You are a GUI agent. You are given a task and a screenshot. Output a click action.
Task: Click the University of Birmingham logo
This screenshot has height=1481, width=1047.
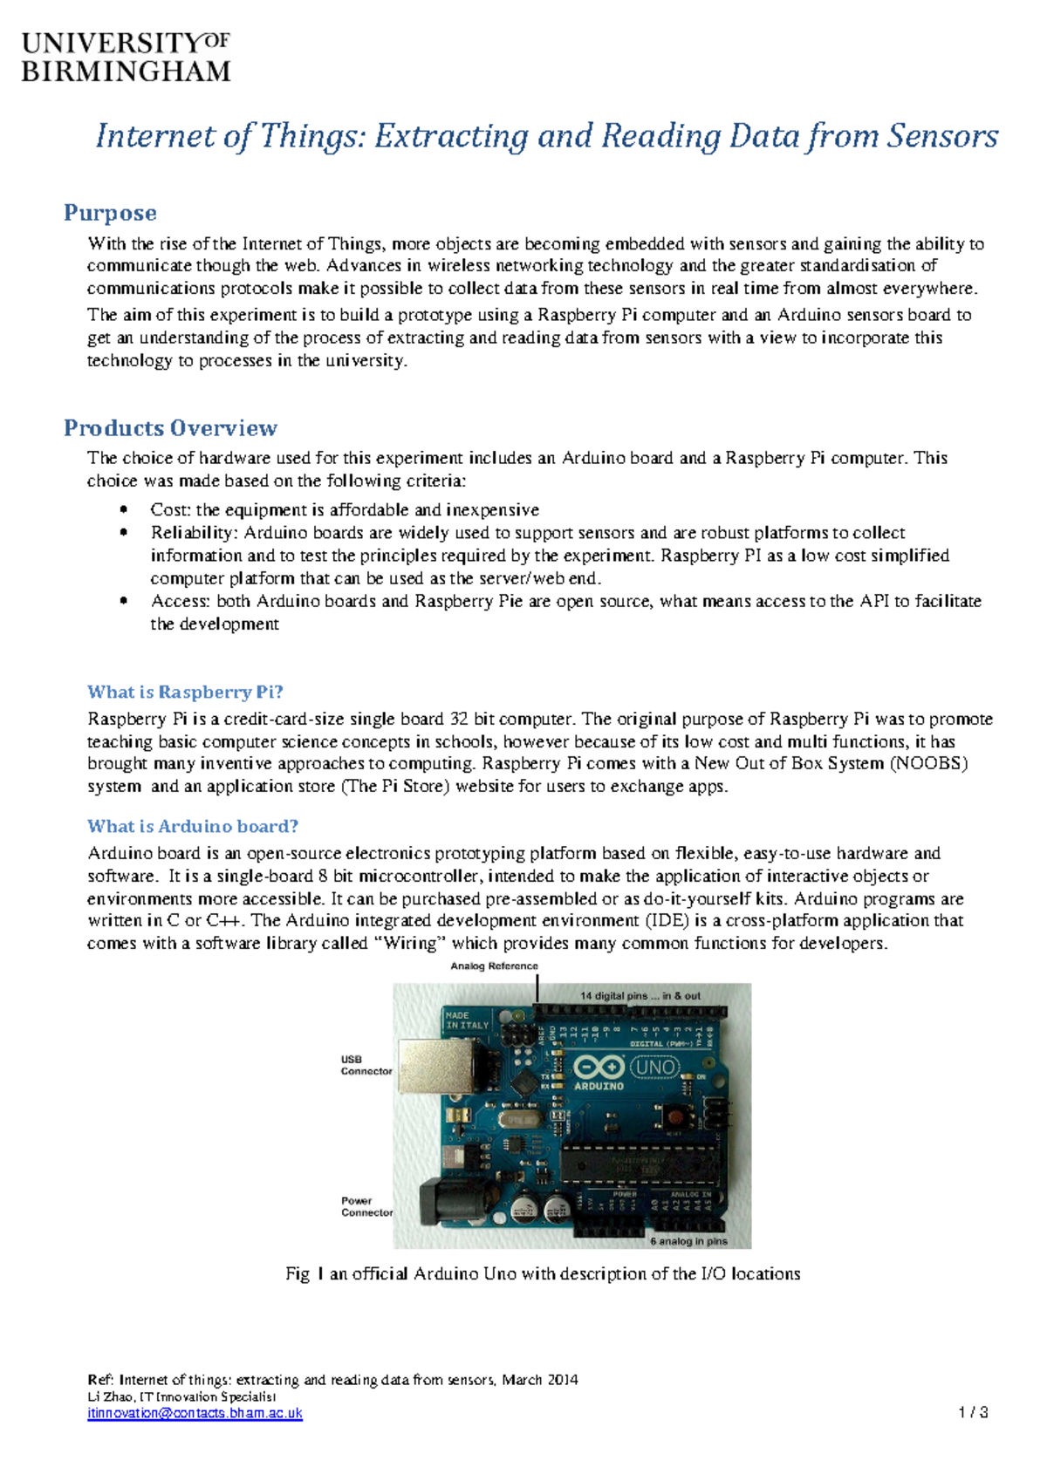126,58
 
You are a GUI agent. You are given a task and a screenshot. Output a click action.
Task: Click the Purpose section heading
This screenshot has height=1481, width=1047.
110,213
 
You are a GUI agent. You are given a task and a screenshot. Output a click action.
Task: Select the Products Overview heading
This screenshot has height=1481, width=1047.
170,428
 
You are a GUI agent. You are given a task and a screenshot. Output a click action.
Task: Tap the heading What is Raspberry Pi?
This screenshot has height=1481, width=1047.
185,692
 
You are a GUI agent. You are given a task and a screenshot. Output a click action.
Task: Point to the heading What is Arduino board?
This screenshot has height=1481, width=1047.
193,826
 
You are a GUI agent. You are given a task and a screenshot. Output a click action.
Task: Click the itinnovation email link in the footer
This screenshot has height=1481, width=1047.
195,1413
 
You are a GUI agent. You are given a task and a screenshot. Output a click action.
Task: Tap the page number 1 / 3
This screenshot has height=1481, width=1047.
973,1412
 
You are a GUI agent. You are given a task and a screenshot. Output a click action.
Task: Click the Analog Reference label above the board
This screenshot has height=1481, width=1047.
494,966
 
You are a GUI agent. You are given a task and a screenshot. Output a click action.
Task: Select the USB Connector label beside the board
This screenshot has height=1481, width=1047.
366,1065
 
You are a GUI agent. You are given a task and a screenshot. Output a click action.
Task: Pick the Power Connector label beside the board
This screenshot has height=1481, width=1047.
366,1206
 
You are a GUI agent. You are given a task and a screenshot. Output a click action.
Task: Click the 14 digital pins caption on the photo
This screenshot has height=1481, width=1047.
640,995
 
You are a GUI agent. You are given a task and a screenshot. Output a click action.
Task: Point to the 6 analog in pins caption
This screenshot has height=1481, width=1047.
688,1240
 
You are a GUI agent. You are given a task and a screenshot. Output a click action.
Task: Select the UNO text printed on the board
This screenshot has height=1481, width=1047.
654,1068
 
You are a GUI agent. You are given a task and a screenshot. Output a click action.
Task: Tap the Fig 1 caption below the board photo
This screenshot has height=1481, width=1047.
543,1273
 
